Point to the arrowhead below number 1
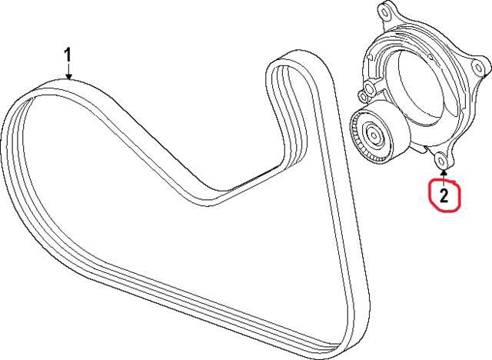(68, 76)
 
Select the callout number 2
(444, 196)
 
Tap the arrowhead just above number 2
(444, 172)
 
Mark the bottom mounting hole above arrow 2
(441, 161)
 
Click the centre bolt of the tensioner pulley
(374, 135)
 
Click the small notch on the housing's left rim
(369, 58)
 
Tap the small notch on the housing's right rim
(430, 57)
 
